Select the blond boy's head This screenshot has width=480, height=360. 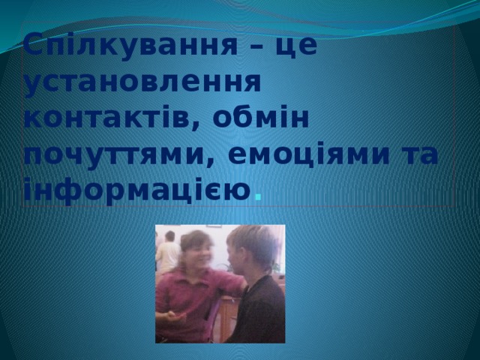pyautogui.click(x=251, y=247)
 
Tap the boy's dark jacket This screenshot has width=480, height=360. pyautogui.click(x=259, y=311)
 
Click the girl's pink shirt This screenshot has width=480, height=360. pyautogui.click(x=195, y=292)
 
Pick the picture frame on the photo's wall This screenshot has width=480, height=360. pyautogui.click(x=214, y=227)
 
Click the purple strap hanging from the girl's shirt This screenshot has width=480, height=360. pyautogui.click(x=211, y=319)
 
